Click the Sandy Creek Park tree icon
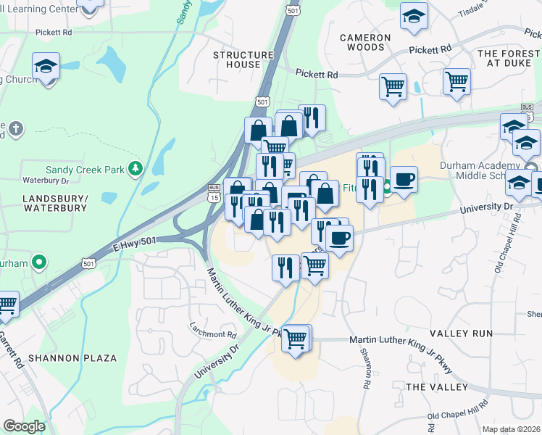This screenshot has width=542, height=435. coord(134,169)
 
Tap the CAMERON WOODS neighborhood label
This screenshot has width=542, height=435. coord(365,42)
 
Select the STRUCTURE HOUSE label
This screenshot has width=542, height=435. coord(237,59)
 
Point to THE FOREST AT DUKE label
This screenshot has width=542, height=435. coord(509,58)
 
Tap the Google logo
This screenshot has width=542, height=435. coord(24,426)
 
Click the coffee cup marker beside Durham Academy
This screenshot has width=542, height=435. coord(404,178)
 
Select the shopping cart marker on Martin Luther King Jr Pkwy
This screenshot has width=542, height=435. coord(296,338)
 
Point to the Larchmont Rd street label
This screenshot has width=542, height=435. coord(213,335)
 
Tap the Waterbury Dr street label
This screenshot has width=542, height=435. coord(45,180)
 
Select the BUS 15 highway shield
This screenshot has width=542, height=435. coord(213,193)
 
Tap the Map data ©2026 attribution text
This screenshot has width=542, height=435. coord(511,429)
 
